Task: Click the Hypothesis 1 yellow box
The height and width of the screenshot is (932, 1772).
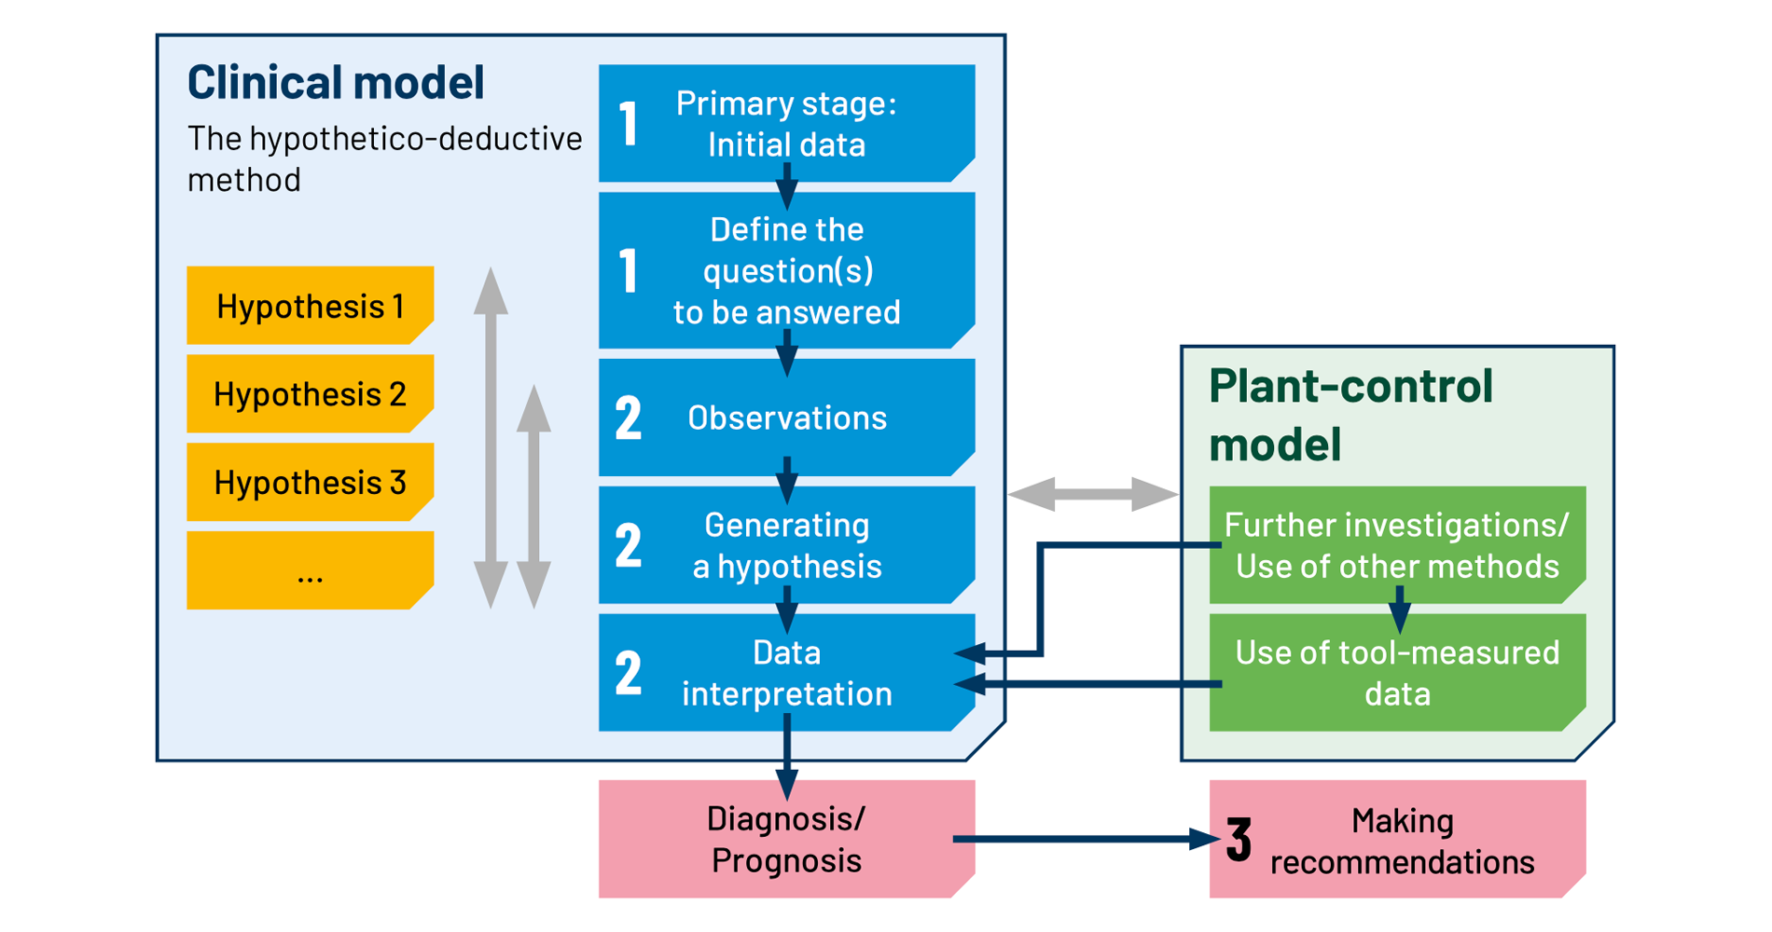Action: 310,306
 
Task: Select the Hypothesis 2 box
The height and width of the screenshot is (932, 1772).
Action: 310,393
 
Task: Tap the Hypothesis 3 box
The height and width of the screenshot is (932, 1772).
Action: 310,482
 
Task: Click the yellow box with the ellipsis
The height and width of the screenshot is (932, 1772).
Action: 310,570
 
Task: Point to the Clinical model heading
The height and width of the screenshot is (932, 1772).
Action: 336,82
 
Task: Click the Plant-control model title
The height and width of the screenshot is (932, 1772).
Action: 1350,414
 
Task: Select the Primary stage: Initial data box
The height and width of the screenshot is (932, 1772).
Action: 786,123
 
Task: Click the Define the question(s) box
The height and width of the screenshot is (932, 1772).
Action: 786,270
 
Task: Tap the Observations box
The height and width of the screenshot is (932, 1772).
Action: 786,418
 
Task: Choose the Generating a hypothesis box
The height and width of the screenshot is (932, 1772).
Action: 786,545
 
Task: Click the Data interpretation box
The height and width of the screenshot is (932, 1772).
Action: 786,672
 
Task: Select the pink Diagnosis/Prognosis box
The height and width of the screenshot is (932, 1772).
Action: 786,839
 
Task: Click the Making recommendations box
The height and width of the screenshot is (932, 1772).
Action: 1399,840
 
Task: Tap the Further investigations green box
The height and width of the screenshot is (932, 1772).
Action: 1396,545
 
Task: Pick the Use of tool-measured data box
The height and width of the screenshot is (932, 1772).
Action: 1396,672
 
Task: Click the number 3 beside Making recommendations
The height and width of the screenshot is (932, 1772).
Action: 1239,840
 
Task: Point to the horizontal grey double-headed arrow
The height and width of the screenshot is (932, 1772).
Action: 1092,494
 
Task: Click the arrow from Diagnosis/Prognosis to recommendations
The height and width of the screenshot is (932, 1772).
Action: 1082,840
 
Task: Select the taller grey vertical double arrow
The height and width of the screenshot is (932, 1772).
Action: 491,438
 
